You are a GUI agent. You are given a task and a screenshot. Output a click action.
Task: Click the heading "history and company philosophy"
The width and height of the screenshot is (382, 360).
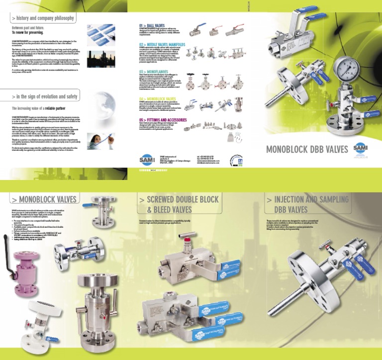(44, 18)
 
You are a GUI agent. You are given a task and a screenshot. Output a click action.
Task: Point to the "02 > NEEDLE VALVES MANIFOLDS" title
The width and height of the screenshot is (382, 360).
(162, 44)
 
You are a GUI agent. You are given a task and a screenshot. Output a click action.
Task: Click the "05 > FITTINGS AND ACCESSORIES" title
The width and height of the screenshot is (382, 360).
(163, 120)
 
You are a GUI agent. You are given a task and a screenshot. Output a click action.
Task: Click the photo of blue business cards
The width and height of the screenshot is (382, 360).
(100, 33)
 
